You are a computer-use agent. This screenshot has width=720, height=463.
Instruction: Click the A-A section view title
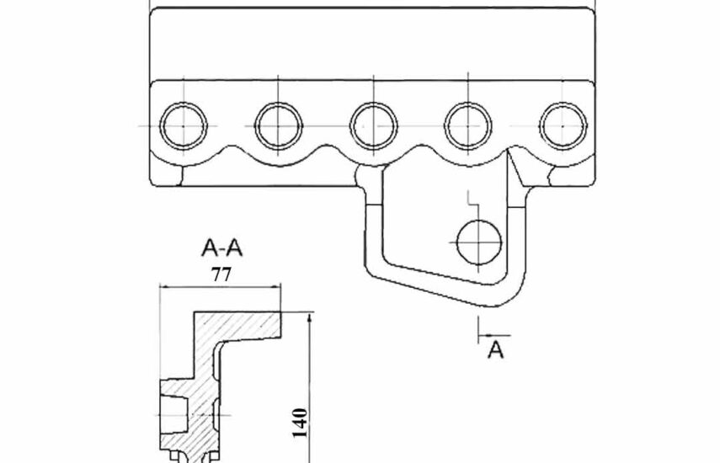tap(221, 248)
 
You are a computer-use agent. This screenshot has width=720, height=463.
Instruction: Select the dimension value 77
tap(221, 274)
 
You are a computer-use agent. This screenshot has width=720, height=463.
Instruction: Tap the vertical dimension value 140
tap(300, 423)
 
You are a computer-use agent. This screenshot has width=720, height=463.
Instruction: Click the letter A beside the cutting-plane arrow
tap(495, 349)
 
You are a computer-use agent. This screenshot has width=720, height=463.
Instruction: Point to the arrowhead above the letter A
tap(483, 336)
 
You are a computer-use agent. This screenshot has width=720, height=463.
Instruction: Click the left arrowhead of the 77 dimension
tap(165, 287)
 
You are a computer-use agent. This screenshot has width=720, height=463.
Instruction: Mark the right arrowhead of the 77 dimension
tap(275, 287)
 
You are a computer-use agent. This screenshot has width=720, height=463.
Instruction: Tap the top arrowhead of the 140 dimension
tap(311, 318)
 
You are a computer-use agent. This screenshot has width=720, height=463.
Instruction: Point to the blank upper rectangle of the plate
tap(372, 44)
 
